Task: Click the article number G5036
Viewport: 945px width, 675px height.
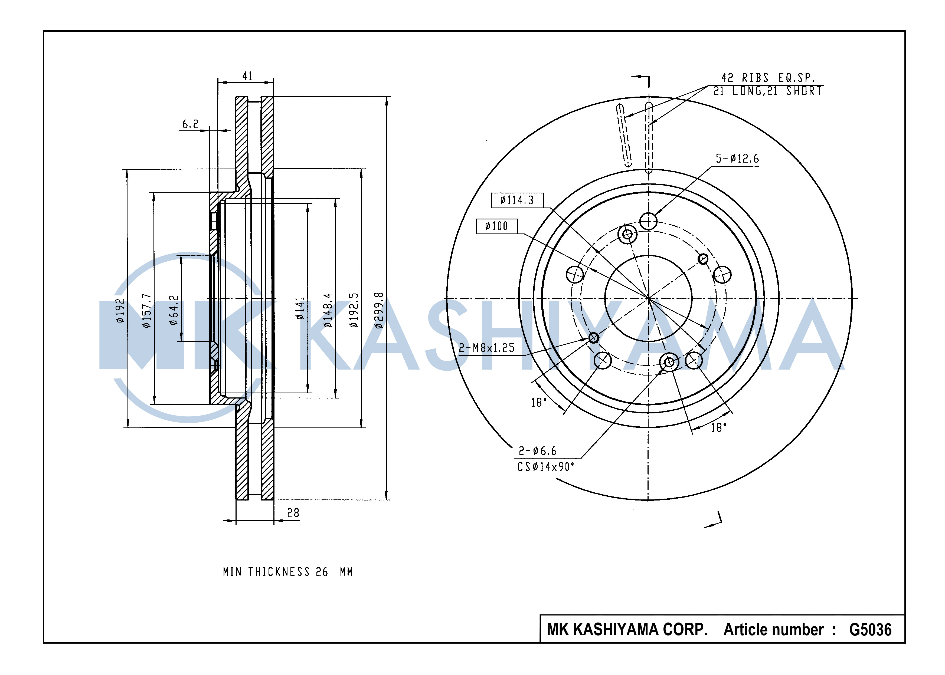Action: point(870,630)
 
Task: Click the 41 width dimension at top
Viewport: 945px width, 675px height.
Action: point(247,76)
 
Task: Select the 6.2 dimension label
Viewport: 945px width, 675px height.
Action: point(191,124)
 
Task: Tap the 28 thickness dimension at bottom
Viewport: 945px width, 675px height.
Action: point(293,513)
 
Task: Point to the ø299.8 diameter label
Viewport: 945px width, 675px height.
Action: point(378,311)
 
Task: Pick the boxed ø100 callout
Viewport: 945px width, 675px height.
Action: point(497,226)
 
